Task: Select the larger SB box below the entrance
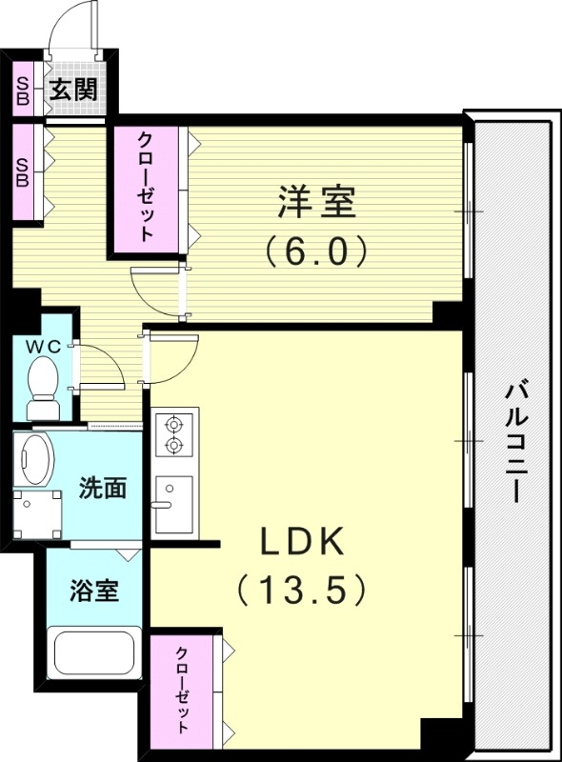(x=22, y=171)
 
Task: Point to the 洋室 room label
(x=316, y=203)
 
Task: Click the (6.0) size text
(x=316, y=251)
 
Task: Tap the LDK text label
(x=303, y=542)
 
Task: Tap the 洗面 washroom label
(x=103, y=489)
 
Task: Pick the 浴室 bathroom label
(x=94, y=590)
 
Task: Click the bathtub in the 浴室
(x=95, y=654)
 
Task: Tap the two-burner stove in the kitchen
(x=174, y=433)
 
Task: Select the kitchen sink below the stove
(x=173, y=504)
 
